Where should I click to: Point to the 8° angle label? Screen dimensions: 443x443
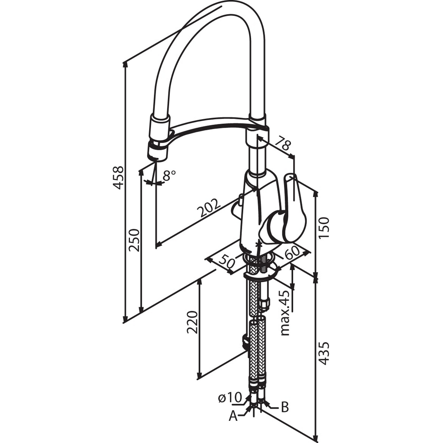point(169,176)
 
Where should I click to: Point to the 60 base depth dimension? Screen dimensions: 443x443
point(292,253)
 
